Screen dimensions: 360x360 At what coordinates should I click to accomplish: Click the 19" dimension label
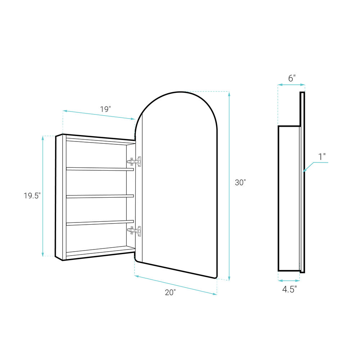point(105,109)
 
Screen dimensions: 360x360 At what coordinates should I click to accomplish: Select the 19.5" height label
point(32,195)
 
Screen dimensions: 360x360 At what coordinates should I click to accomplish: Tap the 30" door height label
point(240,183)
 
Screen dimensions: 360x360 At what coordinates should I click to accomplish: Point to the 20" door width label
point(170,292)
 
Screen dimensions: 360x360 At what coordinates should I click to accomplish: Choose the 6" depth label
point(292,78)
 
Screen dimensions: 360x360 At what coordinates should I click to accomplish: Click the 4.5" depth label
point(289,289)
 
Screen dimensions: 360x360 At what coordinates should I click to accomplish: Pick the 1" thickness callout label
point(322,157)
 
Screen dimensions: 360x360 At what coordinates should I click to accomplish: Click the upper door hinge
point(134,162)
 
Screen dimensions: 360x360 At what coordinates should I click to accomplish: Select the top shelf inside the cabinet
point(100,169)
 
